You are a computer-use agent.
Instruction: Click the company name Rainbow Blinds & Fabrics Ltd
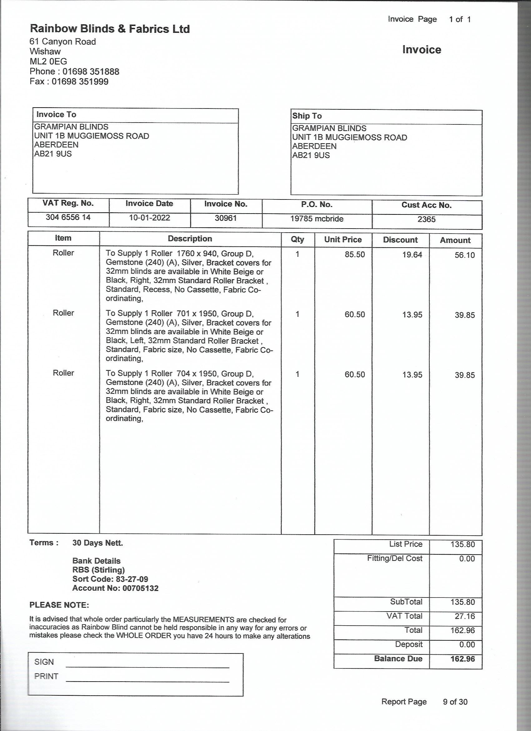click(x=110, y=29)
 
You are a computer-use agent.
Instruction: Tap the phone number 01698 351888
click(x=91, y=72)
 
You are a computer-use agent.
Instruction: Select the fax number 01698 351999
click(x=80, y=82)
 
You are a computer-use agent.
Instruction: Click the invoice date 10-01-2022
click(x=149, y=218)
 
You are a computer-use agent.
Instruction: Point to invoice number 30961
click(x=226, y=218)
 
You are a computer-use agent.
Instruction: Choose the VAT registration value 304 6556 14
click(x=68, y=217)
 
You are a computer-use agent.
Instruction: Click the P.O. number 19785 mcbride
click(x=317, y=219)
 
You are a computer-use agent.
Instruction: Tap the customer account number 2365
click(x=426, y=219)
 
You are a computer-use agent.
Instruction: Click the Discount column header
click(x=400, y=240)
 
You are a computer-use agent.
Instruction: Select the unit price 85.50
click(x=355, y=255)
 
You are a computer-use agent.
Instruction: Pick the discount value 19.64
click(x=412, y=255)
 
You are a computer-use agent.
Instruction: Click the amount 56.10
click(x=464, y=255)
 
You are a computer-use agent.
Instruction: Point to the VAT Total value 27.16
click(x=464, y=616)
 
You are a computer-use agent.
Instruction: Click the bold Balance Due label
click(x=398, y=658)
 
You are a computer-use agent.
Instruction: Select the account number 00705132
click(x=140, y=588)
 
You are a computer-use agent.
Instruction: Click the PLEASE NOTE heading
click(x=59, y=605)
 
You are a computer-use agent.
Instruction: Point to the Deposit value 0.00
click(x=467, y=645)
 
